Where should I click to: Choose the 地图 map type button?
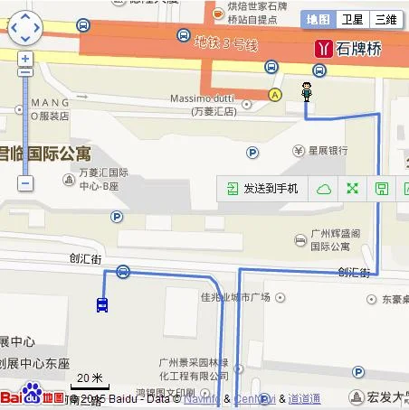(x=319, y=19)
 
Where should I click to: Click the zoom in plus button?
(x=25, y=60)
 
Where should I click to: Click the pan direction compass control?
(x=25, y=27)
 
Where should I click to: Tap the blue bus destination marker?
(x=102, y=304)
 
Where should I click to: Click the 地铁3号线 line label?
(x=226, y=42)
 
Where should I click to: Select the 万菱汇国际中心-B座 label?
(x=104, y=179)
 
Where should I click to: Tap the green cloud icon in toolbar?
(x=323, y=189)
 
